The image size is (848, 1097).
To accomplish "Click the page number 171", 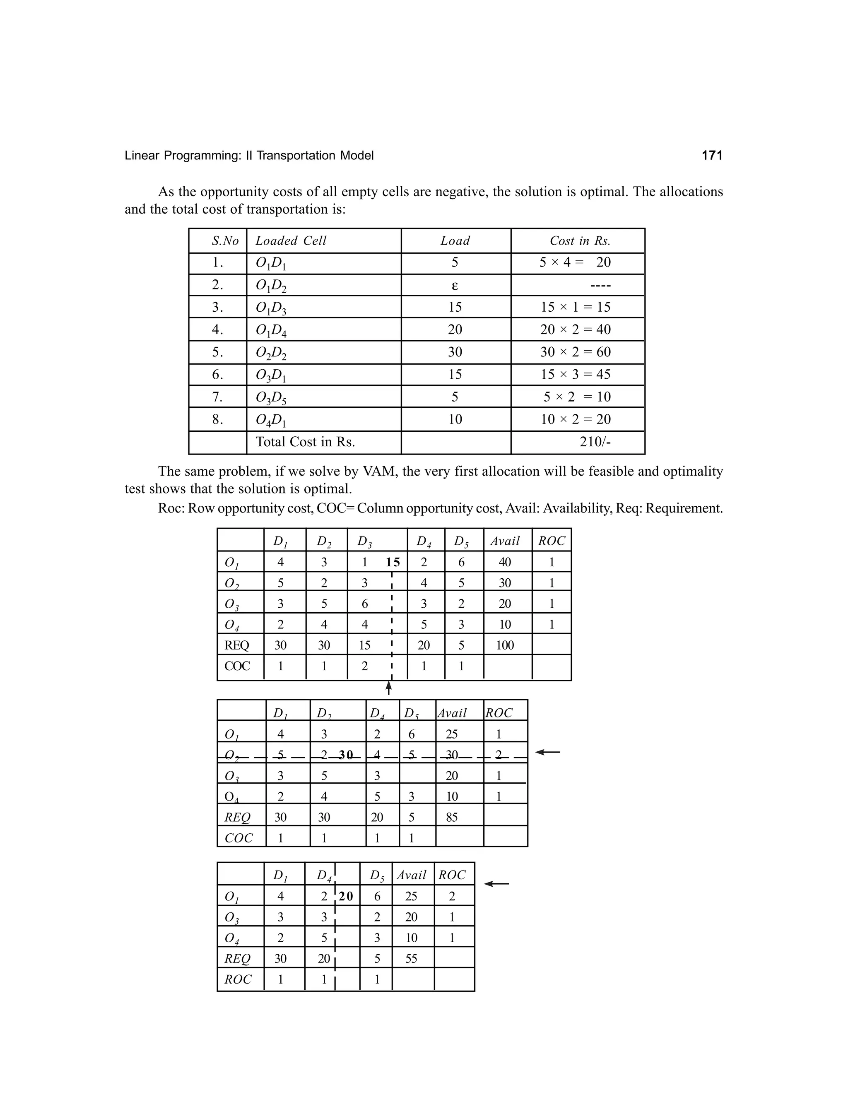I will (x=712, y=156).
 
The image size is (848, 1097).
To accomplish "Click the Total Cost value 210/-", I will (x=595, y=442).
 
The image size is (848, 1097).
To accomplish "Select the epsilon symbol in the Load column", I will (x=455, y=285).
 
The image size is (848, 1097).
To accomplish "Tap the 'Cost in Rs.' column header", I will (x=580, y=241).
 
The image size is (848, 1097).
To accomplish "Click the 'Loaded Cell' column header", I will (x=291, y=241).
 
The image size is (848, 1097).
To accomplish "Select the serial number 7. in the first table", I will (x=217, y=397).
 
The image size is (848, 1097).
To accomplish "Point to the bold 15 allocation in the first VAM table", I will (x=393, y=562).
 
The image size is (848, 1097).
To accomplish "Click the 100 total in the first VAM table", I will (x=505, y=645).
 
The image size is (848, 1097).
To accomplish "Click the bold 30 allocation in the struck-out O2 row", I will (x=346, y=754).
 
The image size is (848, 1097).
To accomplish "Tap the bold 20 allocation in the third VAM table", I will (x=346, y=896).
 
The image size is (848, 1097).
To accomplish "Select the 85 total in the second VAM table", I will (x=452, y=817).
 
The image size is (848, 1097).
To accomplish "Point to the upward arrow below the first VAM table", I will (x=388, y=687).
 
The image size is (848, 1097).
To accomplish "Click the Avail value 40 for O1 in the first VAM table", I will (x=505, y=562).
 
